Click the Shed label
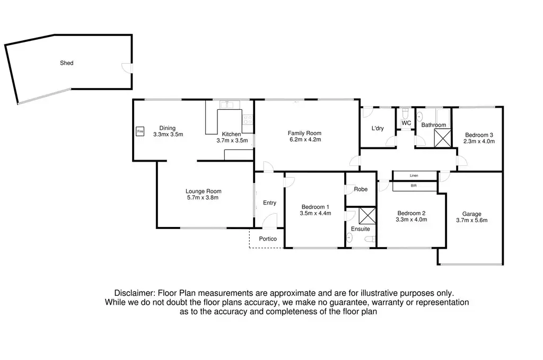[x=66, y=63]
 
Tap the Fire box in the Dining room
[x=141, y=131]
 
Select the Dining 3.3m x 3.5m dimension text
[x=168, y=135]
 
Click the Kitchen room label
[x=231, y=134]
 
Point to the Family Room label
[x=305, y=133]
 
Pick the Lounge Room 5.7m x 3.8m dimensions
[x=203, y=198]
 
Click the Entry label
[x=269, y=203]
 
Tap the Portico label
[x=268, y=239]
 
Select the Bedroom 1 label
[x=316, y=207]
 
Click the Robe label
[x=361, y=189]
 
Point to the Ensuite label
[x=360, y=229]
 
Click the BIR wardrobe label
[x=414, y=186]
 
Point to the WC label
[x=406, y=123]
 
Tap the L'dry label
[x=378, y=128]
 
